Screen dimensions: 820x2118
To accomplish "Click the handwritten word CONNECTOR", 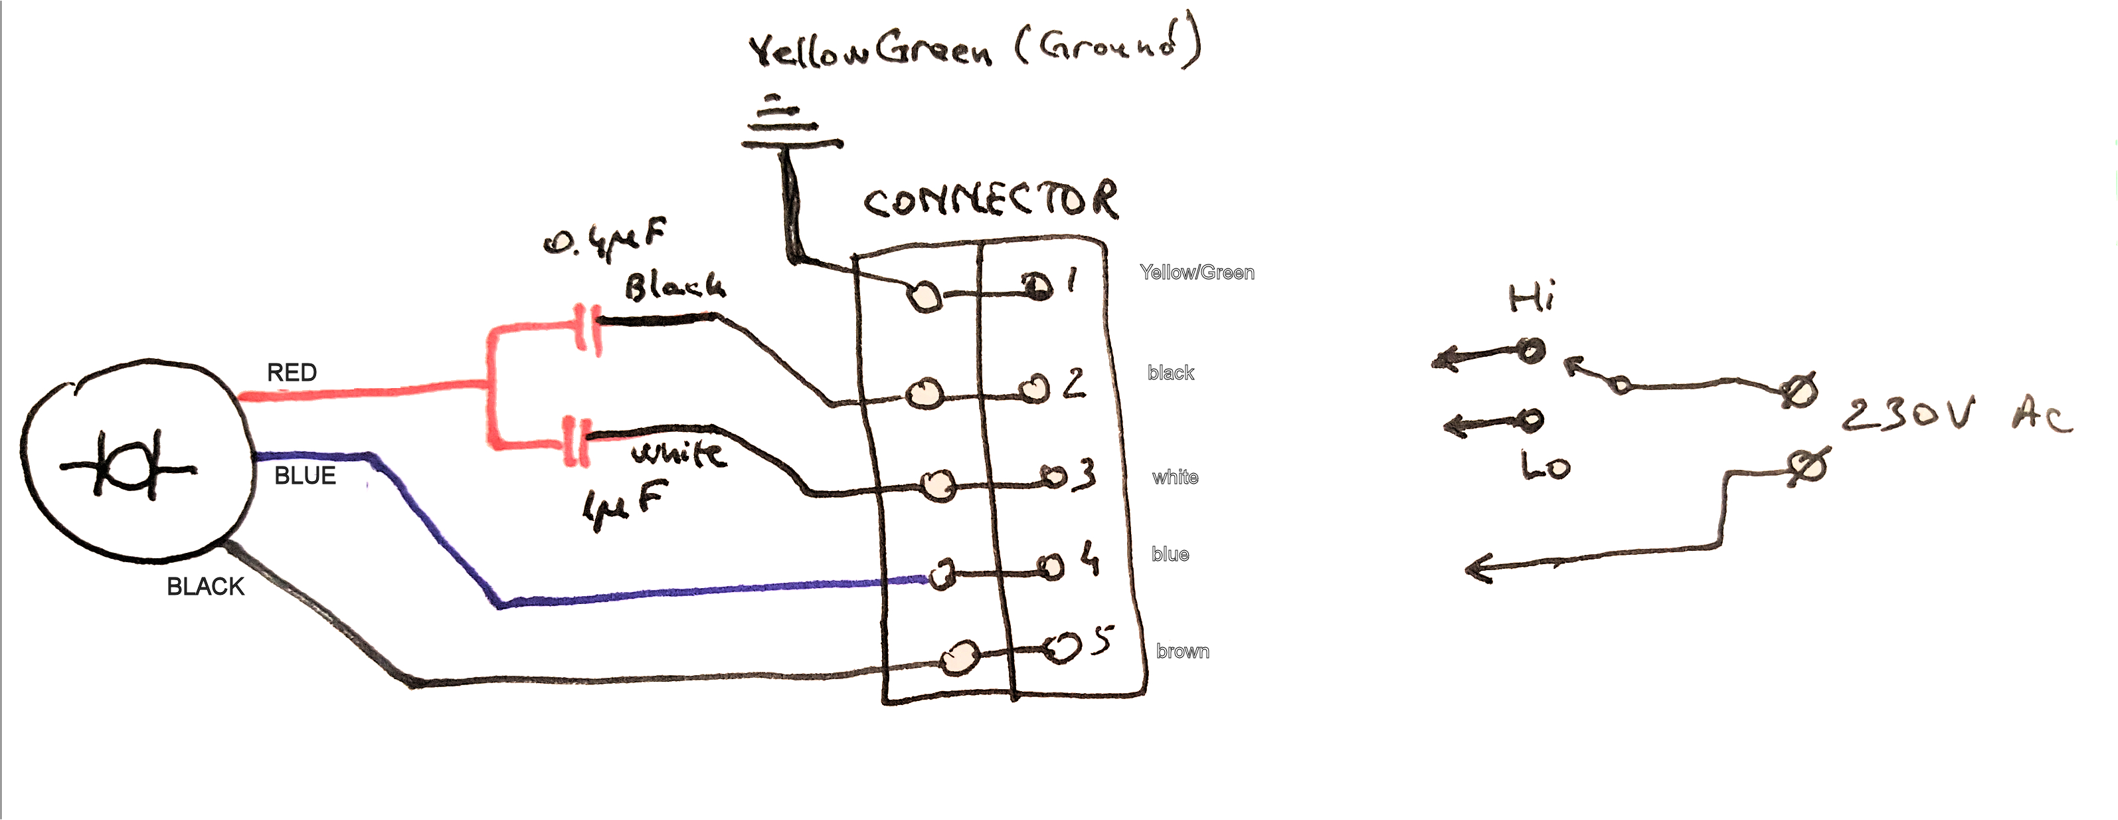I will click(x=990, y=201).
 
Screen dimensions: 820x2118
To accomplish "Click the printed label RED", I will click(x=292, y=373).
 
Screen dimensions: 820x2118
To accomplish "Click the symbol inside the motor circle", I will click(x=128, y=466).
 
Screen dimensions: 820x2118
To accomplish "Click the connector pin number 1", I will click(x=1071, y=281).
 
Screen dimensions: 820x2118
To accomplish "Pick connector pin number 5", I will click(x=1103, y=640).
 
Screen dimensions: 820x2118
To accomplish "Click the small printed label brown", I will click(x=1182, y=651).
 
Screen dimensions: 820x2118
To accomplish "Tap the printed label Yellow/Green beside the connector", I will click(x=1196, y=272).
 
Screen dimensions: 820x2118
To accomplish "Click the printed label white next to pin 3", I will click(x=1175, y=477).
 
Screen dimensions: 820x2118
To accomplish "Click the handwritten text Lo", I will click(x=1545, y=466).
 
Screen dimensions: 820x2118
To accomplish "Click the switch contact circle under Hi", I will click(x=1530, y=352).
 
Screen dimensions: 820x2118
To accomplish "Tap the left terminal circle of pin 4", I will click(x=943, y=573).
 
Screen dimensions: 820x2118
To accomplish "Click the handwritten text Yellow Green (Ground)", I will click(x=974, y=47).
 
